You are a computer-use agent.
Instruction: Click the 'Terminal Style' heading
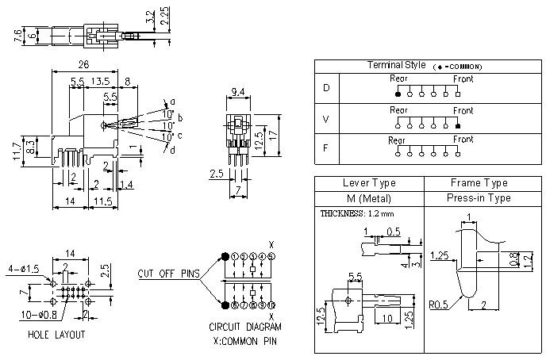(396, 65)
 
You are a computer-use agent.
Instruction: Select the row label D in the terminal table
(326, 87)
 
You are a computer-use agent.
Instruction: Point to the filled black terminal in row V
(458, 125)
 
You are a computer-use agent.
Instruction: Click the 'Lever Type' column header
(368, 182)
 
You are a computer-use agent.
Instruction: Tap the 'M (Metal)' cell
(368, 197)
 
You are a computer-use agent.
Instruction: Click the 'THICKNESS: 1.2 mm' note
(356, 213)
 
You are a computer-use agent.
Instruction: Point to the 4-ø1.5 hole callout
(23, 269)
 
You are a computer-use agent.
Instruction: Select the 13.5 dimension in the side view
(100, 81)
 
